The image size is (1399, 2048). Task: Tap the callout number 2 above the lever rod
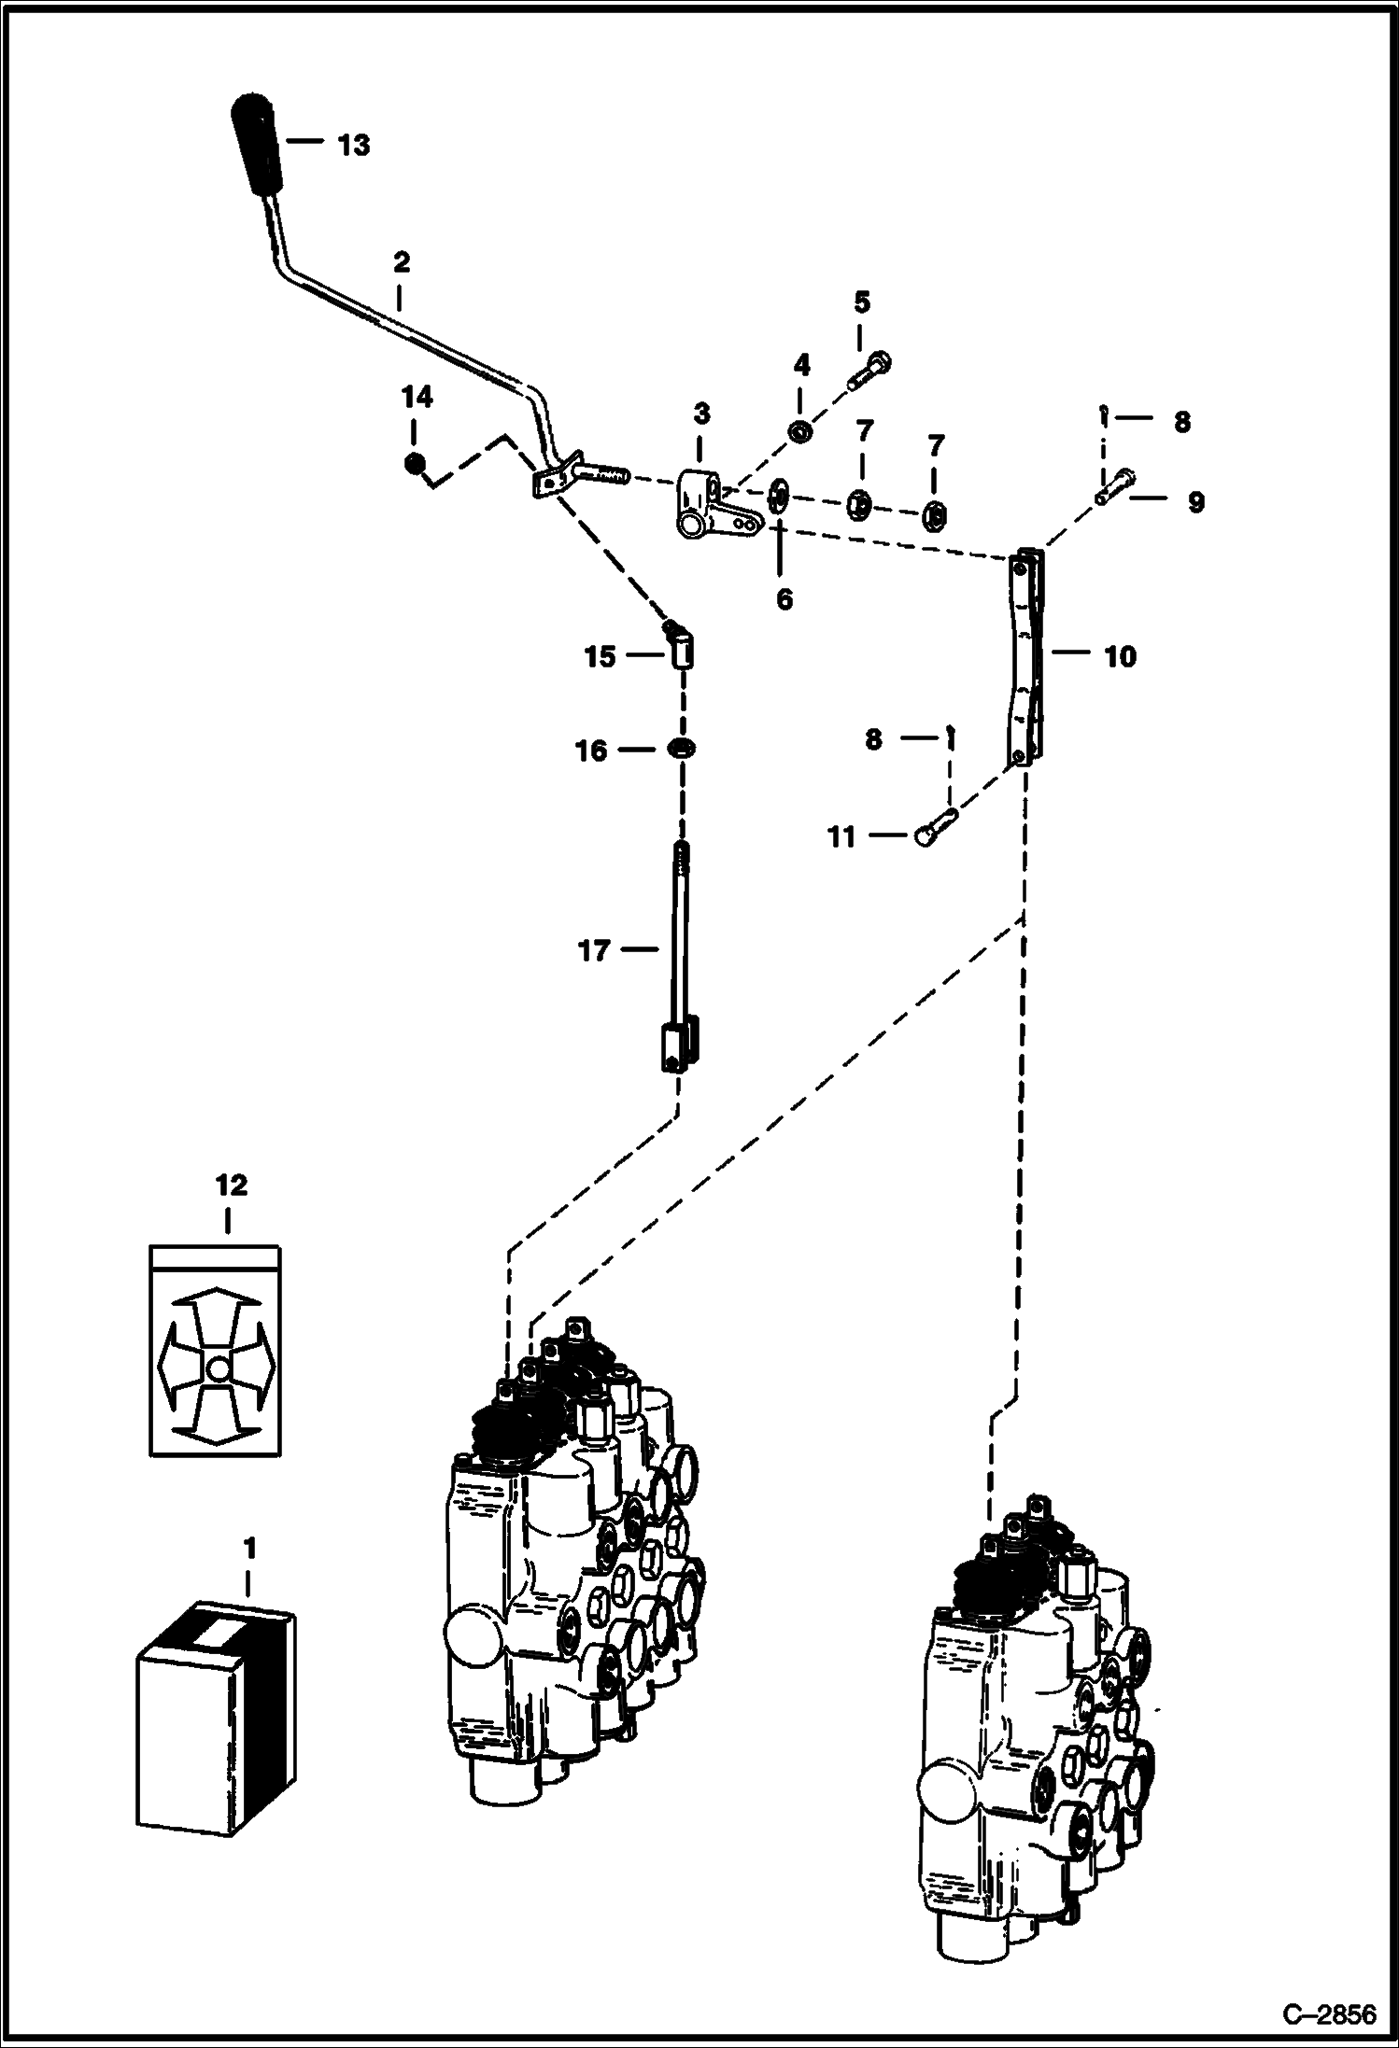pos(401,261)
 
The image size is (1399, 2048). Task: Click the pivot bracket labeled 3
pos(699,503)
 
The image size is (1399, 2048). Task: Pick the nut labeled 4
pos(800,431)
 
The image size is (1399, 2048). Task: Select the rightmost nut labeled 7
pos(935,512)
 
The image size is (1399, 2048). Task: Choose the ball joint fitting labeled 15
pos(682,647)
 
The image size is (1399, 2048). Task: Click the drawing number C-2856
pos(1329,2013)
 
